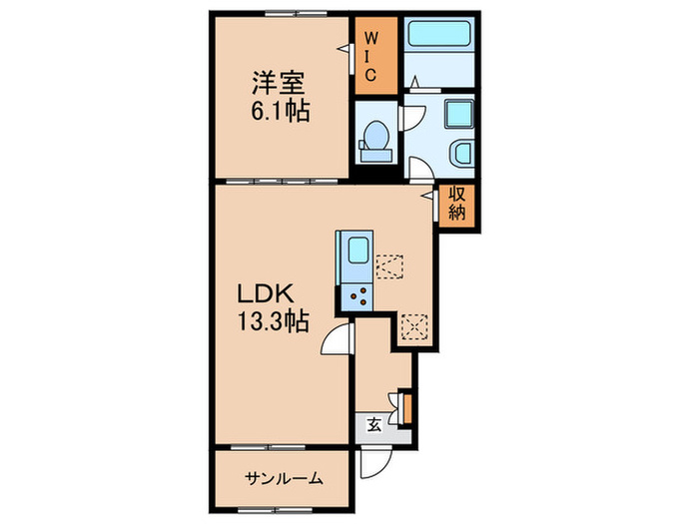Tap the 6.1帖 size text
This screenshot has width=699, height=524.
coord(279,111)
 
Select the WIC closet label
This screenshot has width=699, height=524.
coord(368,57)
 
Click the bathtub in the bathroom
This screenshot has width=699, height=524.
coord(441,35)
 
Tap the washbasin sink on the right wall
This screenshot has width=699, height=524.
coord(462,155)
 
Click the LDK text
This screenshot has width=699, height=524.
coord(262,295)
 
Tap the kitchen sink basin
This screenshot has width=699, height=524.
coord(355,254)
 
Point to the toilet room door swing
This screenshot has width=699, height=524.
coord(411,118)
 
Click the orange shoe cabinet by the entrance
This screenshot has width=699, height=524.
coord(405,406)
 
